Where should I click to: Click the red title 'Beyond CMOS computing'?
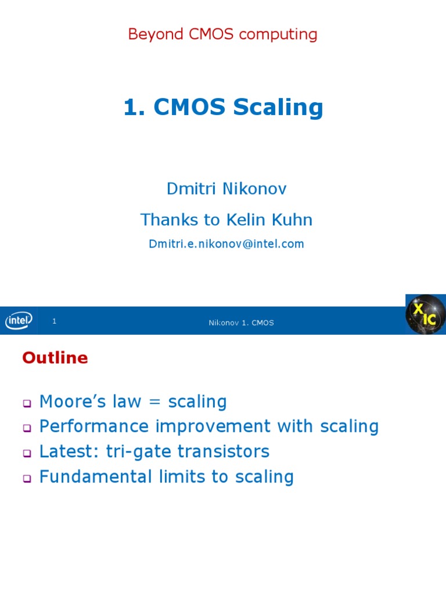tap(222, 34)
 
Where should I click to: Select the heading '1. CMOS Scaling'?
tap(223, 107)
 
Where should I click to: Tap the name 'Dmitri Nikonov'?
tap(226, 189)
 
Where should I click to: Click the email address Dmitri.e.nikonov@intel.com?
tap(226, 244)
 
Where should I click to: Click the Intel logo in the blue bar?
tap(19, 320)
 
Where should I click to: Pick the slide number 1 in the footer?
tap(54, 321)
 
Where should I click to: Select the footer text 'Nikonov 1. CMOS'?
tap(241, 322)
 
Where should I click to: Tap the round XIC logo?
tap(425, 314)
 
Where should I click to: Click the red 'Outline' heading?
tap(55, 358)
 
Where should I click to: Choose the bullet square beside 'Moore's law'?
tap(26, 403)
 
